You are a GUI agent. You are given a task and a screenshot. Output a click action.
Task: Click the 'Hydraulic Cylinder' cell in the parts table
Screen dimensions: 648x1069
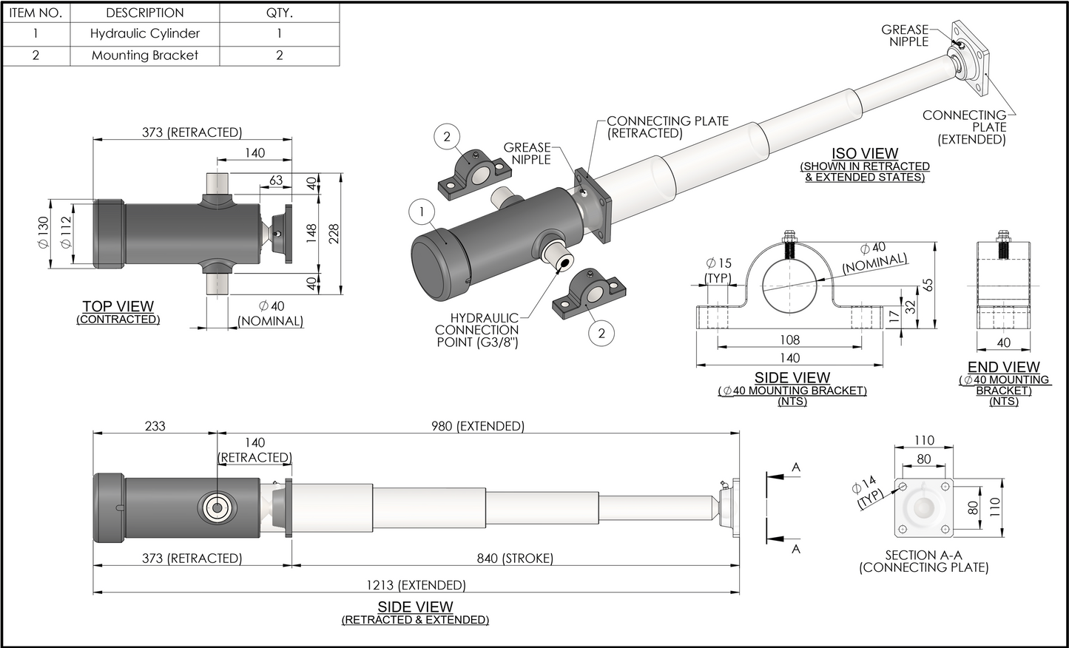[145, 33]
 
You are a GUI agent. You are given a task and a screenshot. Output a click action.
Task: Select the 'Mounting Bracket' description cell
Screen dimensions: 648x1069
[145, 55]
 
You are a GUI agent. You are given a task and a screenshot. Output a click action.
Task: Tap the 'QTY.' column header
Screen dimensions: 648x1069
[279, 13]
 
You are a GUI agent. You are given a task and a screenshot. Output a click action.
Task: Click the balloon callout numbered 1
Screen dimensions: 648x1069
[422, 213]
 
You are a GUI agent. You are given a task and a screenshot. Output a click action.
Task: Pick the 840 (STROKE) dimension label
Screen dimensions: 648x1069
[515, 558]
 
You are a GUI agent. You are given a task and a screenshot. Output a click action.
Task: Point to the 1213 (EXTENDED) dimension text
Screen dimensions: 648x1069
[416, 585]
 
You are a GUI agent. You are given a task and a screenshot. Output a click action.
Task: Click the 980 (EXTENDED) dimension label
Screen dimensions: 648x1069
[477, 426]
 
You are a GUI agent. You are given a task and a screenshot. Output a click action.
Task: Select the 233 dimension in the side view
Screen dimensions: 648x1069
[155, 426]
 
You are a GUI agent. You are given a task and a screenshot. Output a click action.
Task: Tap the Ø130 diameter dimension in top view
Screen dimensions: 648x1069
[43, 232]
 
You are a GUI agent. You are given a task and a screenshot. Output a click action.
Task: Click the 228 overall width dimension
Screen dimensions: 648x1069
[334, 234]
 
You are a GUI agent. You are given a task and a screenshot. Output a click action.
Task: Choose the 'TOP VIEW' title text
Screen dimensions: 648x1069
[118, 306]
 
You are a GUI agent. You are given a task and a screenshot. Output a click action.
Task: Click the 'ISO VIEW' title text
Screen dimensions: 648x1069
[864, 155]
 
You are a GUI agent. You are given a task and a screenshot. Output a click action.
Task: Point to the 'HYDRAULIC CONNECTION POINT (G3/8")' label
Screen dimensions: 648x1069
[477, 330]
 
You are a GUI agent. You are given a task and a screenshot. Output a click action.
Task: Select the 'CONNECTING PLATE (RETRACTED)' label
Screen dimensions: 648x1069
[667, 126]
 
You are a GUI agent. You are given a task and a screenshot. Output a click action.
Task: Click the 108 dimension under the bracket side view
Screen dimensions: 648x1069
[789, 340]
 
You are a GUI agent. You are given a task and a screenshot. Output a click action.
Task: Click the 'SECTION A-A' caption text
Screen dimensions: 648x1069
[923, 555]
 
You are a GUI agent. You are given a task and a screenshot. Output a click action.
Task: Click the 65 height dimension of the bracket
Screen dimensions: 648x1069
[928, 286]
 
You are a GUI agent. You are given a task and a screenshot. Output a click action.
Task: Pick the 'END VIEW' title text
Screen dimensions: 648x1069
[1003, 367]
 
